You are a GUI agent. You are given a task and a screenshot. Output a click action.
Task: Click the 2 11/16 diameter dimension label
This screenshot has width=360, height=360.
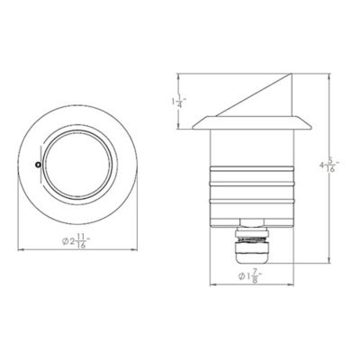coord(76,241)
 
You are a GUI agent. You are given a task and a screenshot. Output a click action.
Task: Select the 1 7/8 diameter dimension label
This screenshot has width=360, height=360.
coord(249,276)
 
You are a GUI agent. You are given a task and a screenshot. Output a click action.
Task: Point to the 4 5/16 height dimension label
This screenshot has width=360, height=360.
coord(332,166)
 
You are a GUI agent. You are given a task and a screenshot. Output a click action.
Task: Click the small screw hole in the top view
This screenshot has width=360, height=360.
coord(38,165)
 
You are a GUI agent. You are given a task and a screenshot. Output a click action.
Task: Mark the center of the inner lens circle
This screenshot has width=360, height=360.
coord(78,165)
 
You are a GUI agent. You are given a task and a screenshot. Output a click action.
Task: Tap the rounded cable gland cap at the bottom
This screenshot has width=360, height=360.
coord(251,253)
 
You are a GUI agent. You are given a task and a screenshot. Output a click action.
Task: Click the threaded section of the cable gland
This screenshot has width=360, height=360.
coord(252,239)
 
